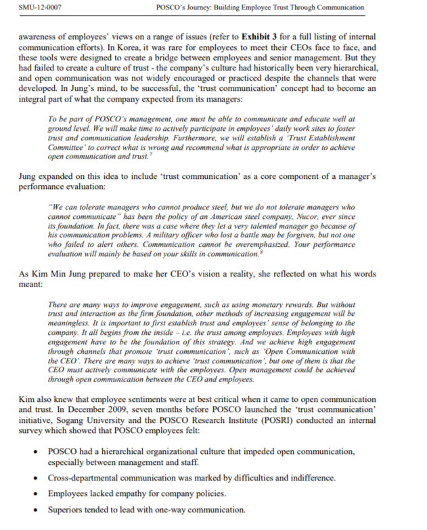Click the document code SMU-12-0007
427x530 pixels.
[x=37, y=7]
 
